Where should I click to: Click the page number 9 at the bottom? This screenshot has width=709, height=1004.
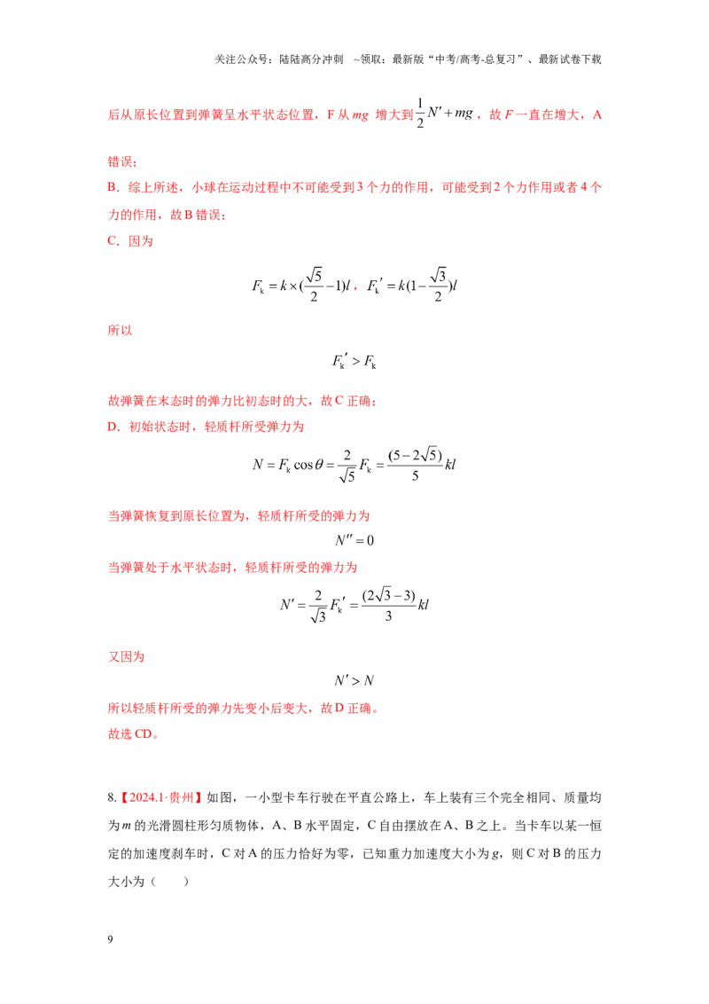110,939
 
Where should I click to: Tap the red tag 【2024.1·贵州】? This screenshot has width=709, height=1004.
161,798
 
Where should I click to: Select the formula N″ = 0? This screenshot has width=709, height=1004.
354,540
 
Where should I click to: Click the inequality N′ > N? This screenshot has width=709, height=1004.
354,680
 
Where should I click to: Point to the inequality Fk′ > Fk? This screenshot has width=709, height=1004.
354,362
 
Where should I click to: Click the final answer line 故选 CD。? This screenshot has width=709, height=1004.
133,733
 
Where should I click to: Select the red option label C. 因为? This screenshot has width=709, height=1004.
130,241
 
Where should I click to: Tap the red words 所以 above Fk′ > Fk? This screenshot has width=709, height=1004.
120,331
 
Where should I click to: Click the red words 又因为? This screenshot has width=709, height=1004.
126,657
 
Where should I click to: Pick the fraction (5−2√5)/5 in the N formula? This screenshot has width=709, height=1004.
415,465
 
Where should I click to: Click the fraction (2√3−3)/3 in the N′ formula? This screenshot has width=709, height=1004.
388,605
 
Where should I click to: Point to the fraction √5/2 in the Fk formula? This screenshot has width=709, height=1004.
314,285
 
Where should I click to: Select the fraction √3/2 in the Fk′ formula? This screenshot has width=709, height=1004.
439,285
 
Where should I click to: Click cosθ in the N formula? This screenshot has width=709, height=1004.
308,465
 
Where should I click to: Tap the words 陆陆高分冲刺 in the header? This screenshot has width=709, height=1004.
310,59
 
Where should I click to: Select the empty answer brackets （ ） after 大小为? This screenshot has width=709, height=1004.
170,882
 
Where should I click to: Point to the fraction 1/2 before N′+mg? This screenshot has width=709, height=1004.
420,114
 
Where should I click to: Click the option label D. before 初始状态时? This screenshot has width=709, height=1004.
114,427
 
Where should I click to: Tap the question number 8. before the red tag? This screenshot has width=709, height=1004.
112,798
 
